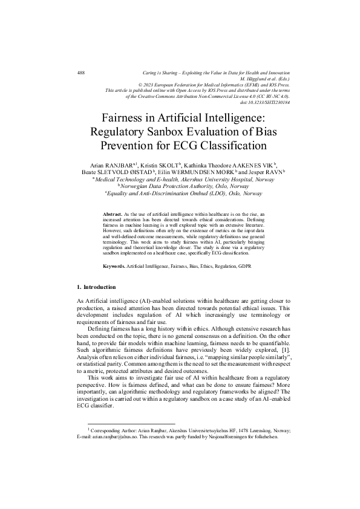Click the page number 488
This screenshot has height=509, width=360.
(x=81, y=73)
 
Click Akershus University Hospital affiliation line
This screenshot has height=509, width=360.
(x=180, y=180)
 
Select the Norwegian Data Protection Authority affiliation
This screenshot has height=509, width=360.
(x=180, y=186)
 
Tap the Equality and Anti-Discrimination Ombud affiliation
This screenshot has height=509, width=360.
(x=180, y=193)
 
